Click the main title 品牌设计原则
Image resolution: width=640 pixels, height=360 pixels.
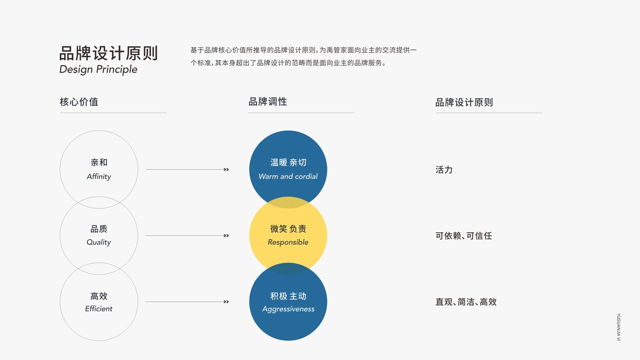tap(109, 53)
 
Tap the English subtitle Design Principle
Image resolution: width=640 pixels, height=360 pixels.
tap(98, 70)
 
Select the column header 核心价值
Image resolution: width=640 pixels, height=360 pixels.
tap(79, 102)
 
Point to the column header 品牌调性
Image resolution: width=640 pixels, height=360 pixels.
tap(268, 102)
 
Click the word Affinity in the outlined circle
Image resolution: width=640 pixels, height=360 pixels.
tap(99, 176)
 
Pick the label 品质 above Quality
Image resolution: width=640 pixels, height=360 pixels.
tap(99, 229)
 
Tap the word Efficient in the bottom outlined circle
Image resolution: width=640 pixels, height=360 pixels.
tap(99, 308)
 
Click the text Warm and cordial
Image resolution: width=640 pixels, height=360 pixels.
tap(288, 176)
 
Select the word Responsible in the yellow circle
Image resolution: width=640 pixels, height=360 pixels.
tap(288, 242)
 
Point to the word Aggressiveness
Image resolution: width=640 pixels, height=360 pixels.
tap(288, 309)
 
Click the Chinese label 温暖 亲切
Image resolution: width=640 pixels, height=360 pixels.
tap(288, 163)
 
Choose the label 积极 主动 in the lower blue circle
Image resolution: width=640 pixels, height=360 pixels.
tap(288, 296)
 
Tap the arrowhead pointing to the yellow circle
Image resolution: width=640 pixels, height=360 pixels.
tap(226, 236)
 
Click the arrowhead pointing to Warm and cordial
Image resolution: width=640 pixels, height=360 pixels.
tap(226, 170)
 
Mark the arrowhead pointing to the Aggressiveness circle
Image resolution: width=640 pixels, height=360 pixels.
tap(226, 302)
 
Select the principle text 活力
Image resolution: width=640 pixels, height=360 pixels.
tap(444, 170)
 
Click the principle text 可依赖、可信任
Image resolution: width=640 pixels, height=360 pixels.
tap(463, 236)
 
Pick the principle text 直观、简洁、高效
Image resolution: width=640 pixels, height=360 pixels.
tap(466, 302)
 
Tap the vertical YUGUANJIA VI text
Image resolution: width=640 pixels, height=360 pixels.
tap(618, 327)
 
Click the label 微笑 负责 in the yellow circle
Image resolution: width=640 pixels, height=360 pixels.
tap(288, 229)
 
